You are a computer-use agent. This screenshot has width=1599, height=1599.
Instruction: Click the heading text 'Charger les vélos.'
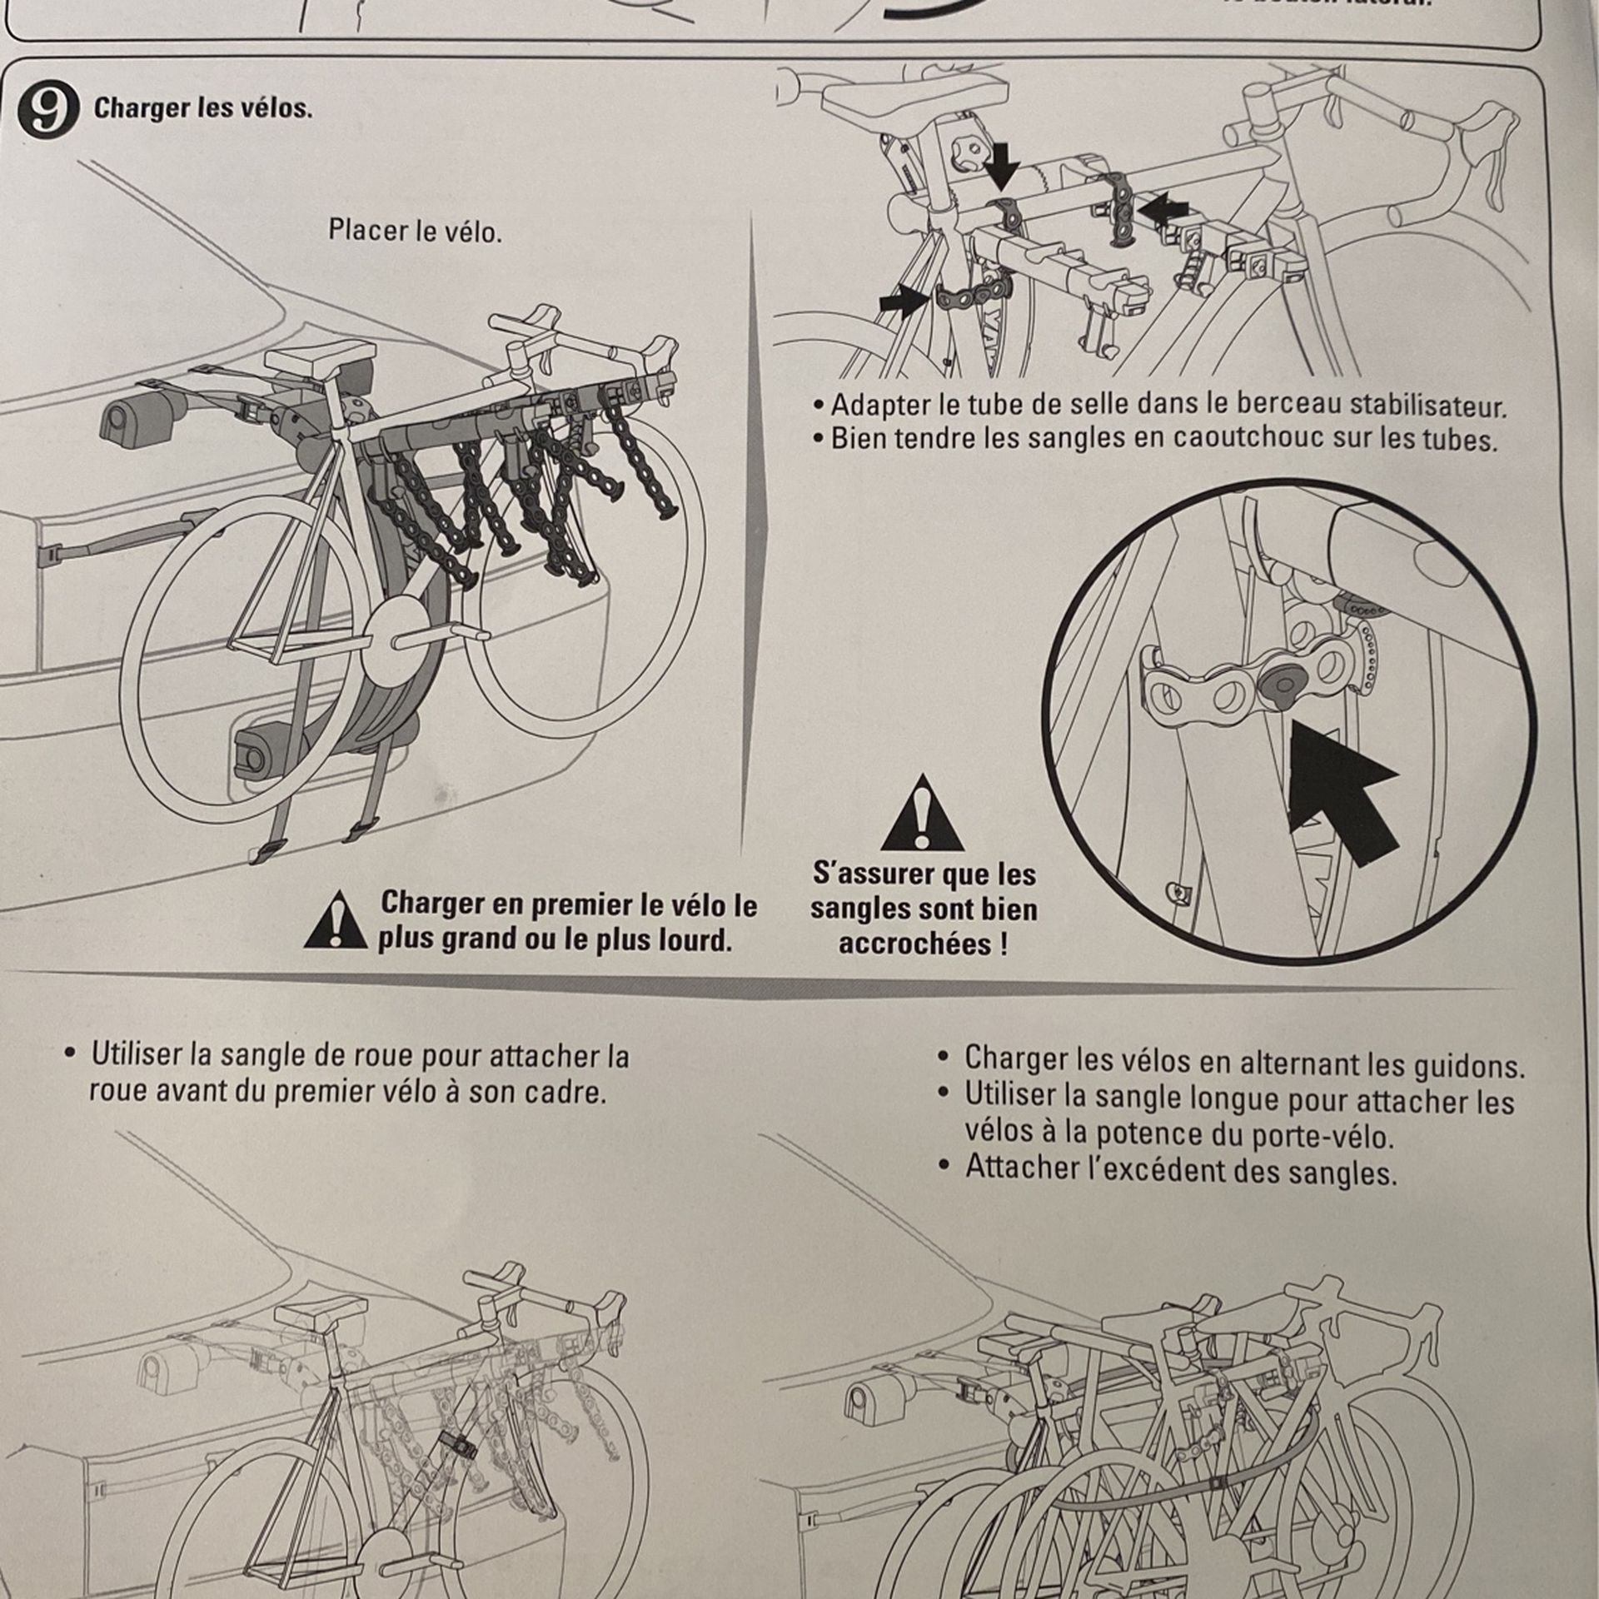tap(203, 109)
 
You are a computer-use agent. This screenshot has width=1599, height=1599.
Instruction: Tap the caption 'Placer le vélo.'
tap(415, 231)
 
